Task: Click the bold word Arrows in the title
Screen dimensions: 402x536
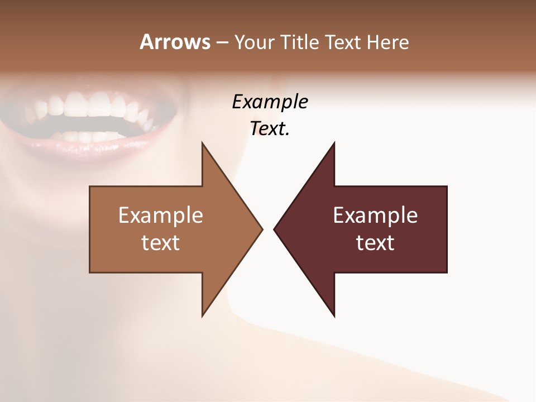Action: (174, 42)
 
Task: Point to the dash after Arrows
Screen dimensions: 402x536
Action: (221, 43)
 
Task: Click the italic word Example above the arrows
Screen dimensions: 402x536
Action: (270, 102)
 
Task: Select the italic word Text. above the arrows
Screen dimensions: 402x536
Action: (270, 129)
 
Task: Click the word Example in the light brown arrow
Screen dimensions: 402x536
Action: (161, 216)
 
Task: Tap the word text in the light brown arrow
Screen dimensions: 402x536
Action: (161, 242)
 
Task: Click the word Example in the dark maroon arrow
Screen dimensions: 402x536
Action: (375, 216)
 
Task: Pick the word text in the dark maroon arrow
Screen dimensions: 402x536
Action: (375, 242)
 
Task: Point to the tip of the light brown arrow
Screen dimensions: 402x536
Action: (262, 229)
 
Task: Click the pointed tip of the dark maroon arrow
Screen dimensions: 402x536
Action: (274, 229)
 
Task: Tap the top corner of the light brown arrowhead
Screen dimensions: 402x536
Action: (203, 143)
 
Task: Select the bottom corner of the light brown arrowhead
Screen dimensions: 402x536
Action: (203, 315)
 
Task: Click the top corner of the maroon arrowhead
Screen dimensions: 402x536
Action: (334, 143)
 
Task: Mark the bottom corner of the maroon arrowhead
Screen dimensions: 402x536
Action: (334, 315)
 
